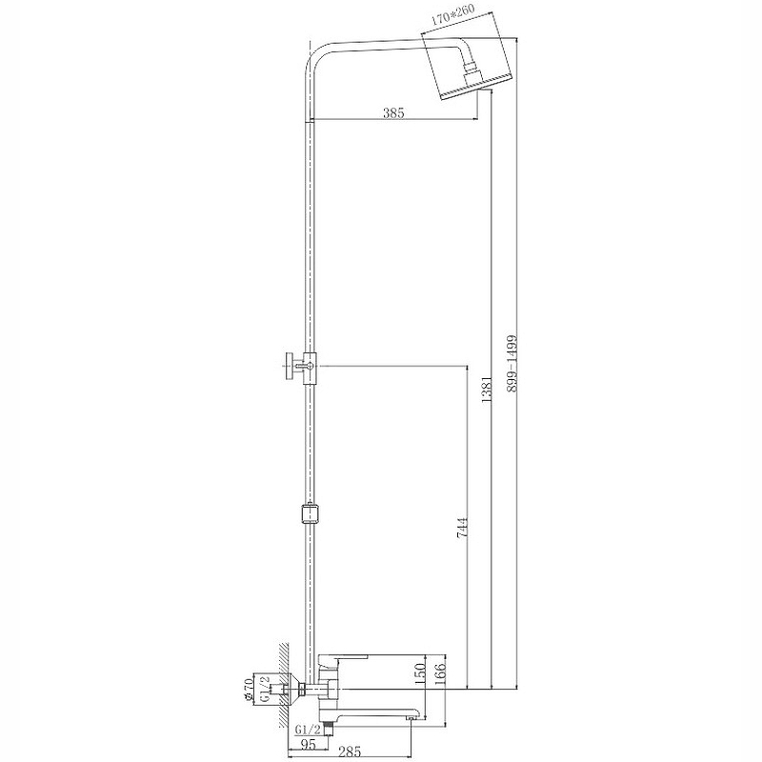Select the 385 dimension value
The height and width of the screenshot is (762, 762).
point(393,112)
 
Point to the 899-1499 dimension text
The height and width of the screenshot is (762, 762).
point(511,364)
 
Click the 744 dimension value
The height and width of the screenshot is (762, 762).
point(462,527)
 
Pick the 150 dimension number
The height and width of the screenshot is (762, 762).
point(420,673)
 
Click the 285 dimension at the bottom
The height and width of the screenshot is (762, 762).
point(350,752)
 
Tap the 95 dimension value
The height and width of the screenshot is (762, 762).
point(308,744)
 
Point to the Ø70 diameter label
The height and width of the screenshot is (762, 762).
point(249,688)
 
